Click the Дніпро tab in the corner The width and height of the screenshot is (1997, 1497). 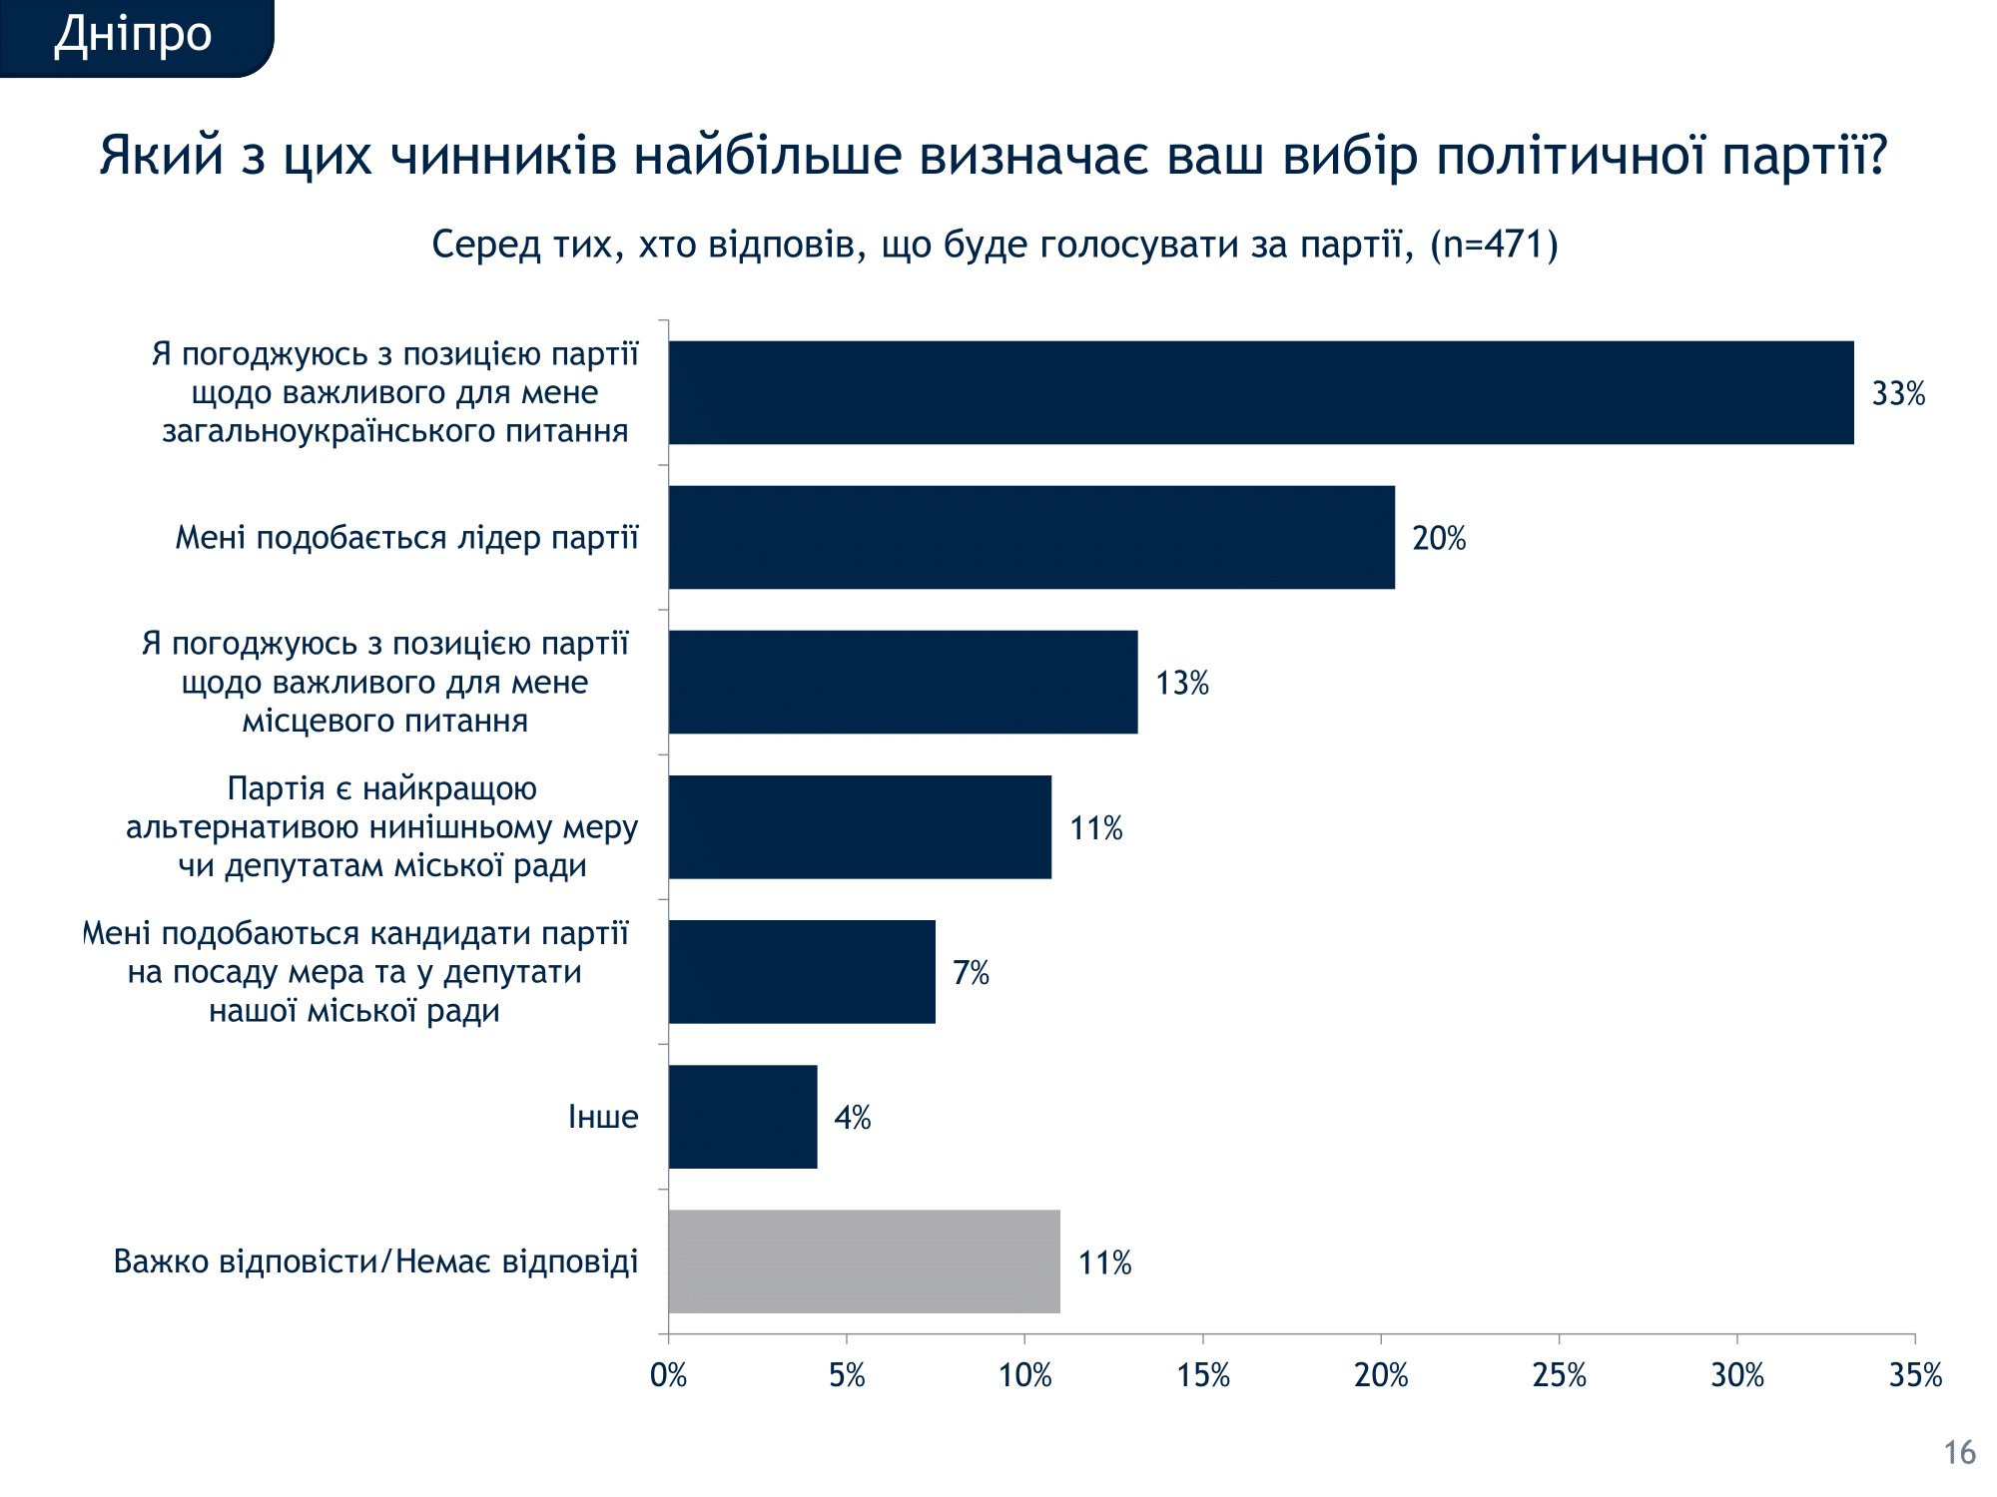click(133, 36)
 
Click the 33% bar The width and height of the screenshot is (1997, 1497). click(1260, 392)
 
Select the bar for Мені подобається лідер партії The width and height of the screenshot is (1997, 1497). click(1030, 537)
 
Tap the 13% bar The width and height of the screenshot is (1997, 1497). click(903, 682)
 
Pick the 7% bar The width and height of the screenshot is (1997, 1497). click(801, 971)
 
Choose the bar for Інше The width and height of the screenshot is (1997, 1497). click(742, 1116)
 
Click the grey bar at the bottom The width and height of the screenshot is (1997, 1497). click(864, 1260)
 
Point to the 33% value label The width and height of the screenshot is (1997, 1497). click(1897, 394)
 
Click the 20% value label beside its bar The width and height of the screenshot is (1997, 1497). click(1438, 539)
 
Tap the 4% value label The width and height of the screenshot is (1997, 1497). click(852, 1118)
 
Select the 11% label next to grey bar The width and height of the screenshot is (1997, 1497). click(1104, 1262)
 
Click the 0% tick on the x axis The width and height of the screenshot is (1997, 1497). click(668, 1375)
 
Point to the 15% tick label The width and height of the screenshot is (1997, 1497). click(1202, 1375)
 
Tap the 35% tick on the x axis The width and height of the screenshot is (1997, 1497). click(1914, 1375)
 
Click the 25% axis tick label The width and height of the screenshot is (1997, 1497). click(1559, 1375)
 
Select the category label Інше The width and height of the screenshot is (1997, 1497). click(603, 1116)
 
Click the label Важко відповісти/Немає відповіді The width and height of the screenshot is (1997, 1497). click(375, 1261)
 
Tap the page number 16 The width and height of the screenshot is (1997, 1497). click(1959, 1452)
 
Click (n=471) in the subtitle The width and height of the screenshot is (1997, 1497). click(1494, 245)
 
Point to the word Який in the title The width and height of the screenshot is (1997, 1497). click(161, 156)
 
